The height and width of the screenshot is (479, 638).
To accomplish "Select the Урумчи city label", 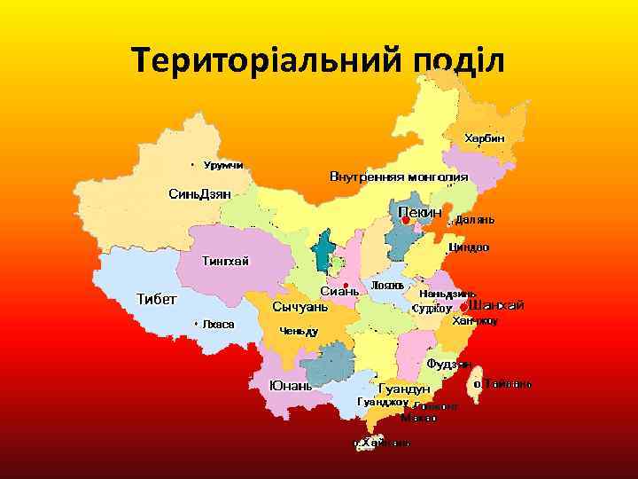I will pyautogui.click(x=223, y=165).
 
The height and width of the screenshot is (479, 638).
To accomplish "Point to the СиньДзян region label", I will pyautogui.click(x=199, y=193).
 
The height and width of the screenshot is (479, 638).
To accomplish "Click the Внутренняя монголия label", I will pyautogui.click(x=399, y=176).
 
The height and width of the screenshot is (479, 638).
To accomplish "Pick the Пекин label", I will pyautogui.click(x=419, y=212).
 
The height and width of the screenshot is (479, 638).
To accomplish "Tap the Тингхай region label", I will pyautogui.click(x=226, y=260).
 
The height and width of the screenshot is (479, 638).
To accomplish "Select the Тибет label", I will pyautogui.click(x=156, y=297).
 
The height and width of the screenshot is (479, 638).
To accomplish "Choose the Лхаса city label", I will pyautogui.click(x=218, y=324).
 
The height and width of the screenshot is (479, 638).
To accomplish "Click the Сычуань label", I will pyautogui.click(x=300, y=307).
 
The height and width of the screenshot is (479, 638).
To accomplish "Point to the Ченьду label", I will pyautogui.click(x=299, y=331).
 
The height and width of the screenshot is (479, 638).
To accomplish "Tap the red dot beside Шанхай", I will pyautogui.click(x=463, y=307).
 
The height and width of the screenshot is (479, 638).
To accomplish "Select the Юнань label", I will pyautogui.click(x=291, y=386).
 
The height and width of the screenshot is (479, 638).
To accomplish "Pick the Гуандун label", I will pyautogui.click(x=404, y=389).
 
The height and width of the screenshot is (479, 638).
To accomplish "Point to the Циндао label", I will pyautogui.click(x=469, y=247).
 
